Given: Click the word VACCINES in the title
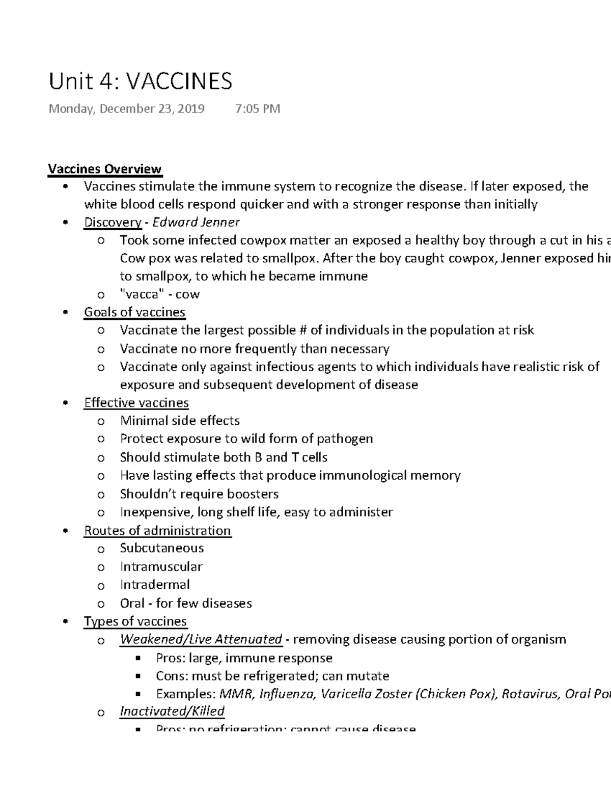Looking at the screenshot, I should pyautogui.click(x=179, y=81).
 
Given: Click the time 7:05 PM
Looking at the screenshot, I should pyautogui.click(x=258, y=109).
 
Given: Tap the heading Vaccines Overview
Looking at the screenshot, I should pyautogui.click(x=104, y=169).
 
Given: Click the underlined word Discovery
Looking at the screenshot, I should pyautogui.click(x=113, y=222).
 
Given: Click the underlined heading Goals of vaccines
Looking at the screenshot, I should pyautogui.click(x=134, y=312).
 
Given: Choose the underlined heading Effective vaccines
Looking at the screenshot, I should pyautogui.click(x=136, y=403).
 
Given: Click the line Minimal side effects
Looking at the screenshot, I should pyautogui.click(x=180, y=421).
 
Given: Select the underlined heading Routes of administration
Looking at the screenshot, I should pyautogui.click(x=157, y=531).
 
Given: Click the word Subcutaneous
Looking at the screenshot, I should pyautogui.click(x=161, y=548).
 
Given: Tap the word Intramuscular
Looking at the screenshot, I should pyautogui.click(x=161, y=567).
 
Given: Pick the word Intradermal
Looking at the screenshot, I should pyautogui.click(x=155, y=585).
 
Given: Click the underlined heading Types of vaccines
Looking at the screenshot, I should pyautogui.click(x=135, y=621).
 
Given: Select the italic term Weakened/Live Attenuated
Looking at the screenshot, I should pyautogui.click(x=201, y=639).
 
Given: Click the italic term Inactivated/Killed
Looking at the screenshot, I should pyautogui.click(x=172, y=711).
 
